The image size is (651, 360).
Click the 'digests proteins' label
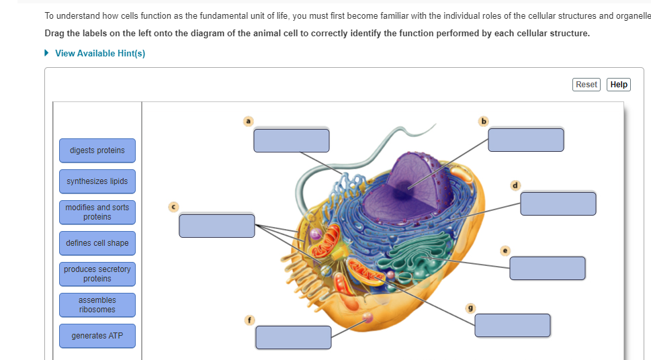click(97, 150)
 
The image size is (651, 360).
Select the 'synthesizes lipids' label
click(97, 181)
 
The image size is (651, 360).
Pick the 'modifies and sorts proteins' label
click(97, 212)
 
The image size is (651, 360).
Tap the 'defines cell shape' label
click(97, 243)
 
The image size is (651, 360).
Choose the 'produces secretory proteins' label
click(97, 274)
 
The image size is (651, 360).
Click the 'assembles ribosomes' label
click(97, 305)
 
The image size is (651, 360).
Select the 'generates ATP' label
click(97, 336)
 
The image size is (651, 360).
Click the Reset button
click(586, 85)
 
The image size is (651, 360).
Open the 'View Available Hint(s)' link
click(100, 53)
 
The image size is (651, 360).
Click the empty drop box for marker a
click(292, 140)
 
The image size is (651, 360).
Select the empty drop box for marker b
click(526, 140)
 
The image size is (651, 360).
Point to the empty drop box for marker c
click(217, 226)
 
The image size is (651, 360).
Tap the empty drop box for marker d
click(558, 204)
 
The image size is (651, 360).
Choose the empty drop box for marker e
click(548, 268)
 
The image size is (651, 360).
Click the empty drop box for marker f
click(294, 337)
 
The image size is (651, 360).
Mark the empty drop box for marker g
click(513, 325)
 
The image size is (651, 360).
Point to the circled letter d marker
click(515, 185)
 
